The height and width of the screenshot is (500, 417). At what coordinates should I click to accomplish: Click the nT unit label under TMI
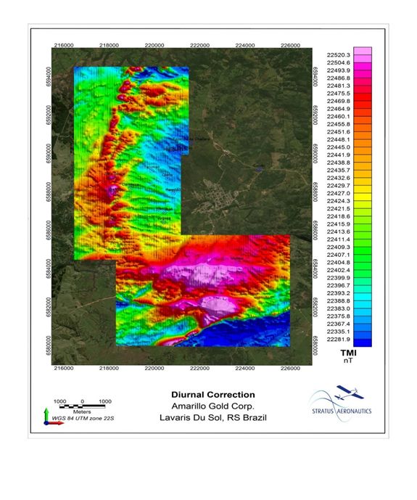click(x=348, y=359)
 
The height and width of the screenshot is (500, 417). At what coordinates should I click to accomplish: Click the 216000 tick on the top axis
click(x=63, y=45)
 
